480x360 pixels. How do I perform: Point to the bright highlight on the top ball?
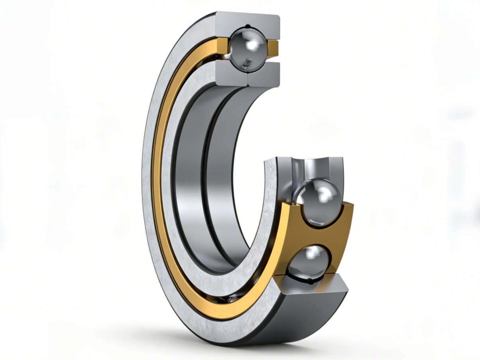[x=251, y=44]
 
